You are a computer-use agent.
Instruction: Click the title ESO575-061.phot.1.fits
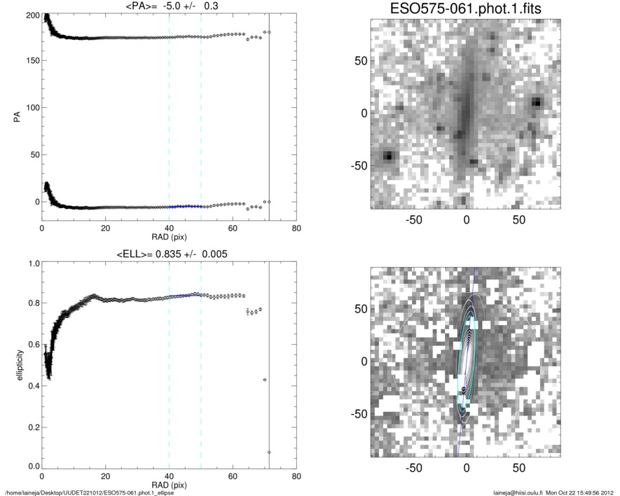click(466, 10)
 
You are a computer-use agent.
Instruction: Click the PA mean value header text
click(169, 8)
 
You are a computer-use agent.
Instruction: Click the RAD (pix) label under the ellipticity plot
click(169, 485)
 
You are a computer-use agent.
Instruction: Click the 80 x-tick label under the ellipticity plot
click(296, 477)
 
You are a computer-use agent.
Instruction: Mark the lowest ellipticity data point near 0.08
click(269, 452)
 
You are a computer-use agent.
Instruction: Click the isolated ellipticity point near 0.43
click(264, 380)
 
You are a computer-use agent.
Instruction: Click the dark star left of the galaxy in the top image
click(388, 156)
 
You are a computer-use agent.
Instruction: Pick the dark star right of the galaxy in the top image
click(537, 102)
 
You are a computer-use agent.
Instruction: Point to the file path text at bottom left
click(90, 492)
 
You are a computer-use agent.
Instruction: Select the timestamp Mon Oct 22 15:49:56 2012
click(581, 492)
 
